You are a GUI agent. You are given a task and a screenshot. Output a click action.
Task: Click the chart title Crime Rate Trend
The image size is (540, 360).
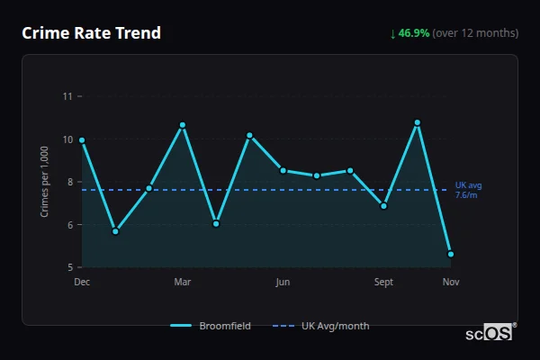92,33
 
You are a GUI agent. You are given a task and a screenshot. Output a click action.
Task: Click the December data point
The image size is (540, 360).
82,140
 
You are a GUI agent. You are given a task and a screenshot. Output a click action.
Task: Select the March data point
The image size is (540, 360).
183,125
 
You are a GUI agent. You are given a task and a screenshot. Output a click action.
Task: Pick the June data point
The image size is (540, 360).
283,170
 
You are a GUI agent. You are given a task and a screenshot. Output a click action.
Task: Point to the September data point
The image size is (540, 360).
384,206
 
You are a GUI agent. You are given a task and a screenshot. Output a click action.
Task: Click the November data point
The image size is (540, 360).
451,254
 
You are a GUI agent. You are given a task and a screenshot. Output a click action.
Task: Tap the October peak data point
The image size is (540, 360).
418,122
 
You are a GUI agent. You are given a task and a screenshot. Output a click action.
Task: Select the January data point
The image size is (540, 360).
115,231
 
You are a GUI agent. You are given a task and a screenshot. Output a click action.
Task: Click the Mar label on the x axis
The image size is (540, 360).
183,283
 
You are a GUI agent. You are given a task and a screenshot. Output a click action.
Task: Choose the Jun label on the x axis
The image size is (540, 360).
283,283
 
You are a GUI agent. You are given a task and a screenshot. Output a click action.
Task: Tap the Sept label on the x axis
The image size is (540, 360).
384,283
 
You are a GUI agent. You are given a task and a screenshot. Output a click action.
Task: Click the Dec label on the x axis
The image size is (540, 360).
82,283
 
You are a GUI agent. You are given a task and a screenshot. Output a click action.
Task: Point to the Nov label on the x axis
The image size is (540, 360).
451,283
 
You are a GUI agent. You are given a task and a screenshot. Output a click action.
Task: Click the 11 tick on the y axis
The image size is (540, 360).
67,96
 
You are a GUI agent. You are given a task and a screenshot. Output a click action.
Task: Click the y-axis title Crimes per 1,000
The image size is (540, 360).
44,181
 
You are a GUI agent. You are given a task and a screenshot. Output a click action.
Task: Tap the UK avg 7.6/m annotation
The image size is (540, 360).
468,190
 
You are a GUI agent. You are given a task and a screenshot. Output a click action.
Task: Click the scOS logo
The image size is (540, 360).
489,332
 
